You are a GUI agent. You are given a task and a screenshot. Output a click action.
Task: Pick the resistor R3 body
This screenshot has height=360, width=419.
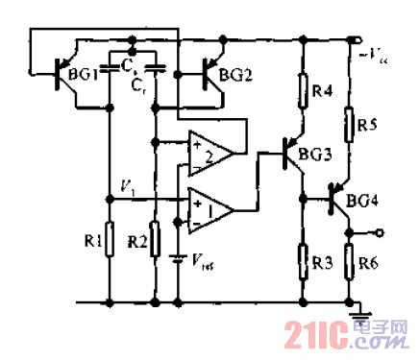pos(303,257)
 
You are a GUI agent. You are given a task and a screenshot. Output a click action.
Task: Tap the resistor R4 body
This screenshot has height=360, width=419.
pos(303,94)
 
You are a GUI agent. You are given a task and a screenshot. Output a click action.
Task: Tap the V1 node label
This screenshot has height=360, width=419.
pos(124,185)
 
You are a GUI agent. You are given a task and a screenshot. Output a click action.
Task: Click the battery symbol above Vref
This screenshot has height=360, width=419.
pos(177,256)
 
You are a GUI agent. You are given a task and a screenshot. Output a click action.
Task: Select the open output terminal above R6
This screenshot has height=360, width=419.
pos(382,231)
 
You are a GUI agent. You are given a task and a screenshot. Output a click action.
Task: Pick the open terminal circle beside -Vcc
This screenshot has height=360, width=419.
pos(360,39)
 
